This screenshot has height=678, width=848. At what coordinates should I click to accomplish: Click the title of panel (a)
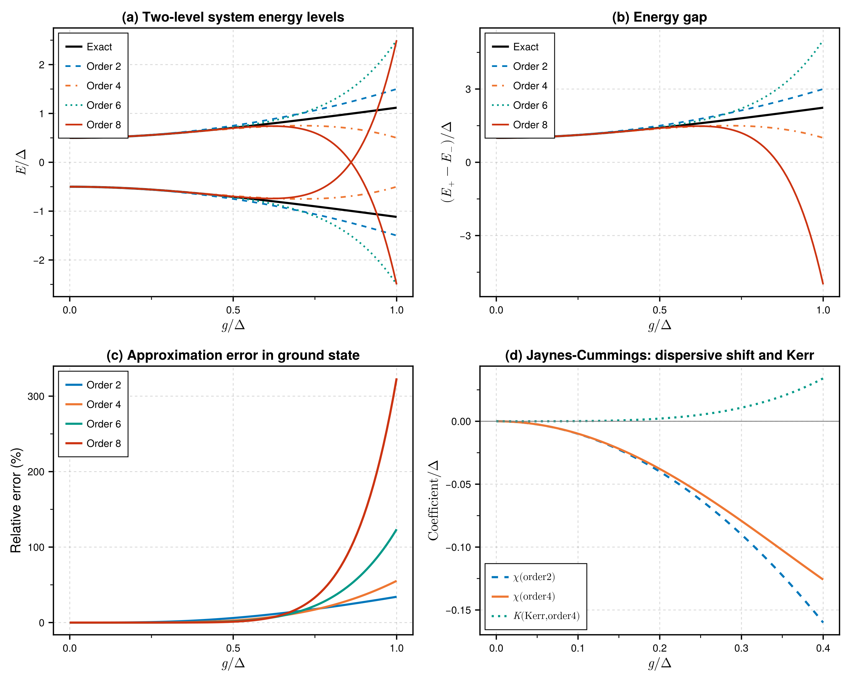(x=233, y=17)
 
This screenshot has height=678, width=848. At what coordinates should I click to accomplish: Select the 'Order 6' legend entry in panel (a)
(x=103, y=105)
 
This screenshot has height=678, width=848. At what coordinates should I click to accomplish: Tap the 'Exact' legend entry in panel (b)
(x=525, y=47)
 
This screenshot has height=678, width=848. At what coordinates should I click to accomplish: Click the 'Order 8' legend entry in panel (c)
(x=103, y=443)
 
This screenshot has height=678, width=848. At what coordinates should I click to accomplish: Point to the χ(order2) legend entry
(x=534, y=577)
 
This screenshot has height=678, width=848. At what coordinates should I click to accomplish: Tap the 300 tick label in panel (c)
(x=36, y=396)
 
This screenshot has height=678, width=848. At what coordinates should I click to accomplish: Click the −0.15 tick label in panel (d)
(x=458, y=610)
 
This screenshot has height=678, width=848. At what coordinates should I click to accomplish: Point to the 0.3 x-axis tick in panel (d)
(x=741, y=648)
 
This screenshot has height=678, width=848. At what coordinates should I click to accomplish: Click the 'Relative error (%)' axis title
(x=16, y=500)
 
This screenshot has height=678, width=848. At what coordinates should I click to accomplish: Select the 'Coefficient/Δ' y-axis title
(x=433, y=500)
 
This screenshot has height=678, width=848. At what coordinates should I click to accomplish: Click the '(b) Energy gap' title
(x=659, y=17)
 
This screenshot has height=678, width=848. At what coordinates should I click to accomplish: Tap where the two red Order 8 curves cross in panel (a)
(x=351, y=162)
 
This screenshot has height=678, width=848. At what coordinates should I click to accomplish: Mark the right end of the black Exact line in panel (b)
(x=823, y=108)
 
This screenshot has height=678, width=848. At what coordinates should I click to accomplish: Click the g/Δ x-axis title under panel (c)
(x=233, y=664)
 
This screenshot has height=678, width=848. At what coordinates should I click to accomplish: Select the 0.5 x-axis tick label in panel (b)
(x=659, y=310)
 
